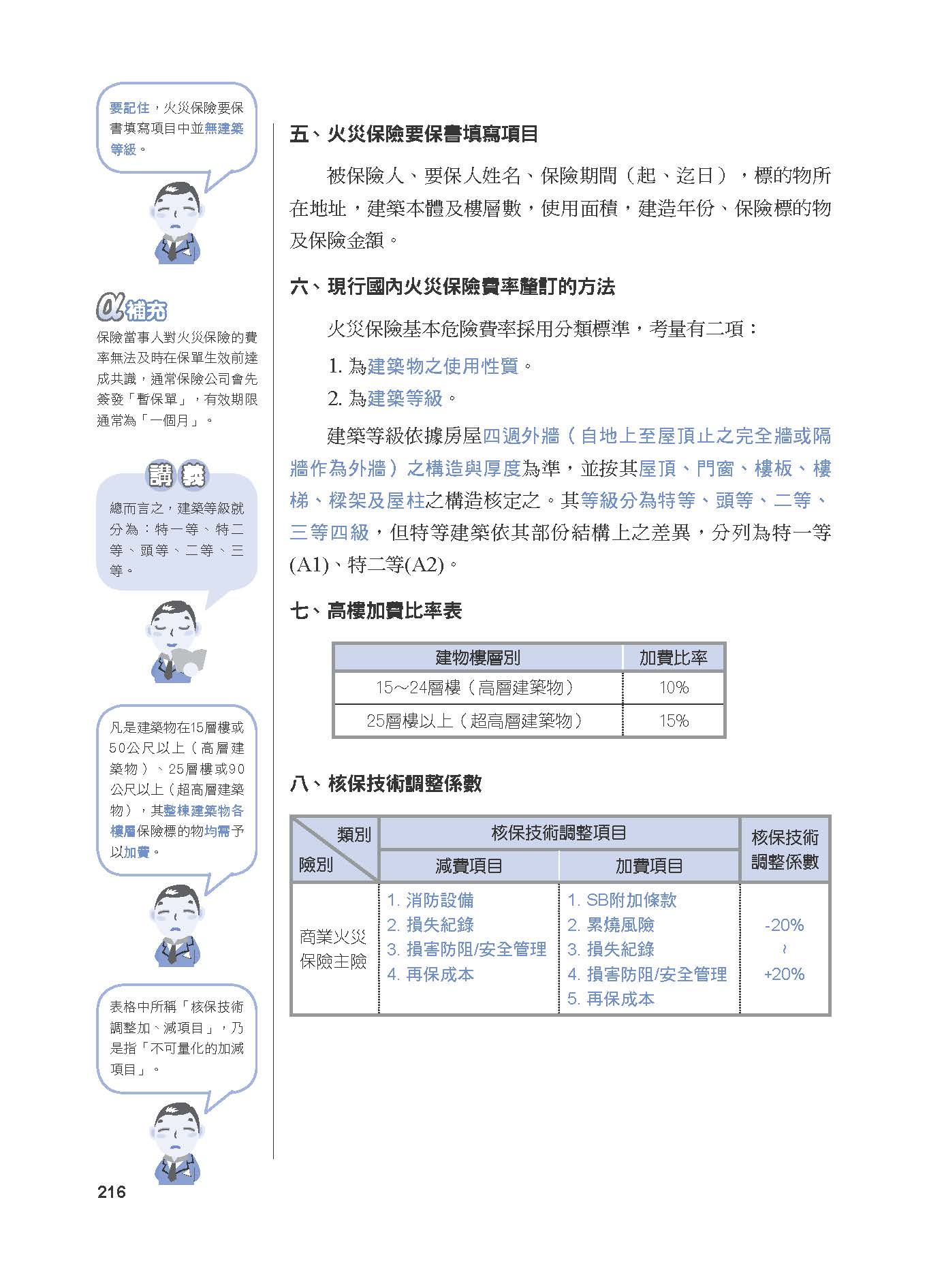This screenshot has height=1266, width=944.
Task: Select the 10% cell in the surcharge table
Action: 674,688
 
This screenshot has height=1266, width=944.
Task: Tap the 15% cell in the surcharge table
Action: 674,721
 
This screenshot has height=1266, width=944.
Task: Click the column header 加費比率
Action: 673,657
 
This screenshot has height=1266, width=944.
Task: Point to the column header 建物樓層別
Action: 477,657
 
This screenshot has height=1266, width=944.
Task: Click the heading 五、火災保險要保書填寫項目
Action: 414,134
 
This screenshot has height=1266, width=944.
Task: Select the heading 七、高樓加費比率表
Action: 376,611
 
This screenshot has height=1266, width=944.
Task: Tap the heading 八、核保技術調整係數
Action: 386,784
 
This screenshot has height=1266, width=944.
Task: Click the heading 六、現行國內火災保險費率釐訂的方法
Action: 452,287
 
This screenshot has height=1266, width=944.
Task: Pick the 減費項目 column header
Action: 469,866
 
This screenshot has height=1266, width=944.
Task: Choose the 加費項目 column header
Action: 649,866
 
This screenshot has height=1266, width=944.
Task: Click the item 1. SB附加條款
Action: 622,900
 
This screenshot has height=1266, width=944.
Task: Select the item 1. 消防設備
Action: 430,900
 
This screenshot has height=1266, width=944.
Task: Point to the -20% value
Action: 784,925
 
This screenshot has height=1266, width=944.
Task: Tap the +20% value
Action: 784,974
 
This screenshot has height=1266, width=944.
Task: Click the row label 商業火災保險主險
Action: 334,949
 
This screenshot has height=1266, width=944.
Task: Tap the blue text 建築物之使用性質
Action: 443,366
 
